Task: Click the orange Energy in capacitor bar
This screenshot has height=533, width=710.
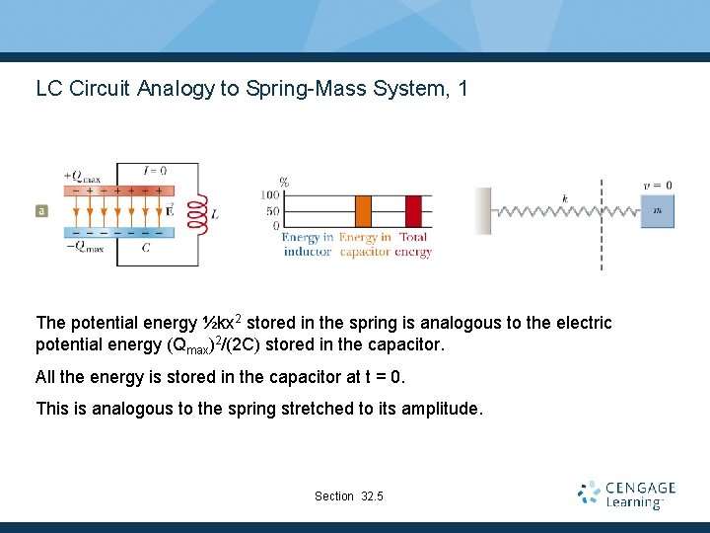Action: pyautogui.click(x=363, y=211)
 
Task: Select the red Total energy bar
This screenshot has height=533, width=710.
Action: pyautogui.click(x=413, y=211)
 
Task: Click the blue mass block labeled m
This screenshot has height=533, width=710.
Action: pyautogui.click(x=657, y=210)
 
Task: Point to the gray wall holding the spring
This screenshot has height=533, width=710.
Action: pyautogui.click(x=483, y=211)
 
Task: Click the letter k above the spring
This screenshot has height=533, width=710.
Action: pyautogui.click(x=565, y=198)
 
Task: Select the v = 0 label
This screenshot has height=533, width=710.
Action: pyautogui.click(x=658, y=185)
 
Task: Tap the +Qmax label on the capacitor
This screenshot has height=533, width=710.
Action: pyautogui.click(x=82, y=177)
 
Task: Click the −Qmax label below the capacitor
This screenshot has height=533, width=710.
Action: pyautogui.click(x=84, y=248)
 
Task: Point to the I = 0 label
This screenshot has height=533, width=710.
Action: pyautogui.click(x=155, y=169)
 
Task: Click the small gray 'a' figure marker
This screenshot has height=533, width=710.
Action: pyautogui.click(x=41, y=210)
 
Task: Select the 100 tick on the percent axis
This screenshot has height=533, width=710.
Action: pyautogui.click(x=270, y=196)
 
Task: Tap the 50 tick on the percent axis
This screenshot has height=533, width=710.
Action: pyautogui.click(x=274, y=211)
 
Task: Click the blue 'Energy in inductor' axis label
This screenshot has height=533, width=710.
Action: pyautogui.click(x=307, y=245)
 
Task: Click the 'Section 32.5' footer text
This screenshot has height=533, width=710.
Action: pyautogui.click(x=349, y=495)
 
